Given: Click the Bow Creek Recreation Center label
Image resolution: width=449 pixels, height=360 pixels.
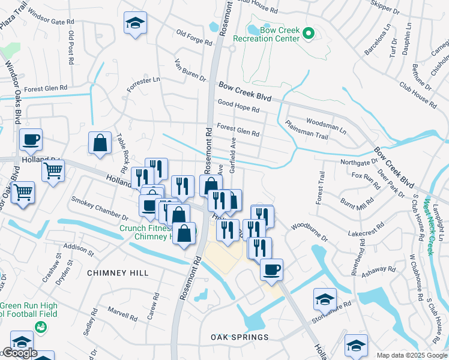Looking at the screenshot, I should click(x=274, y=34).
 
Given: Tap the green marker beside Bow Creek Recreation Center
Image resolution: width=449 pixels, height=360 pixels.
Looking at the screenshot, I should click(x=309, y=33).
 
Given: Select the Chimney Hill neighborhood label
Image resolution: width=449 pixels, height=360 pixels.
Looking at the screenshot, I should click(x=118, y=273).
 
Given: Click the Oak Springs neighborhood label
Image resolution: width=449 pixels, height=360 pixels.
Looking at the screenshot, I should click(x=240, y=337).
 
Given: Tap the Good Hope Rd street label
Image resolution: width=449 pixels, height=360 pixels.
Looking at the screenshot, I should click(x=238, y=106).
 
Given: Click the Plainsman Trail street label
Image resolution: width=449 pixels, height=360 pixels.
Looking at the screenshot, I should click(x=306, y=132).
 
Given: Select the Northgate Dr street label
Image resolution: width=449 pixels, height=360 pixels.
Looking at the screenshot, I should click(x=358, y=162).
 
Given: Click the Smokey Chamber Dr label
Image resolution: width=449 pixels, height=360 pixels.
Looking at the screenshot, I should click(x=100, y=208).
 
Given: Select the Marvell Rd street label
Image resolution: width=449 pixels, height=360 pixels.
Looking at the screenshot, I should click(x=122, y=313).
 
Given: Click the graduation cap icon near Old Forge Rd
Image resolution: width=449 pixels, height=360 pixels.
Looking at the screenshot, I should click(x=135, y=24).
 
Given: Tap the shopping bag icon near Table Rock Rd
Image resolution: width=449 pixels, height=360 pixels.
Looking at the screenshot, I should click(x=100, y=143).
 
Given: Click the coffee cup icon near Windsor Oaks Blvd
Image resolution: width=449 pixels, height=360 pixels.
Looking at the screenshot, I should click(x=31, y=140).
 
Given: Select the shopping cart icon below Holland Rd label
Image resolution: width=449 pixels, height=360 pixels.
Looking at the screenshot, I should click(x=53, y=171).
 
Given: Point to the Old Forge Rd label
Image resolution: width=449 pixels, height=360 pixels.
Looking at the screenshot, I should click(x=194, y=38).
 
